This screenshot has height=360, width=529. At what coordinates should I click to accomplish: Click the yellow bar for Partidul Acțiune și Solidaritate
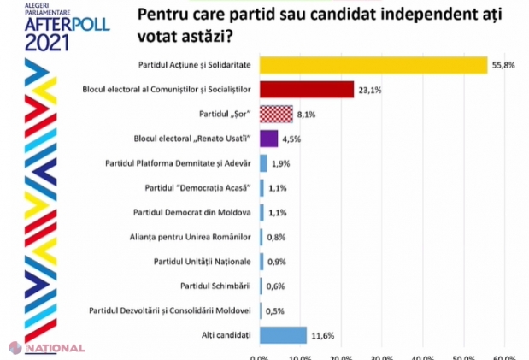click(x=373, y=65)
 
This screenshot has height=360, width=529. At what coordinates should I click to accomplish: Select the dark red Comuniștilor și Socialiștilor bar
click(x=306, y=89)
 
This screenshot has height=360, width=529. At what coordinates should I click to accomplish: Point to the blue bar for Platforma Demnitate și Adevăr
click(x=263, y=162)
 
